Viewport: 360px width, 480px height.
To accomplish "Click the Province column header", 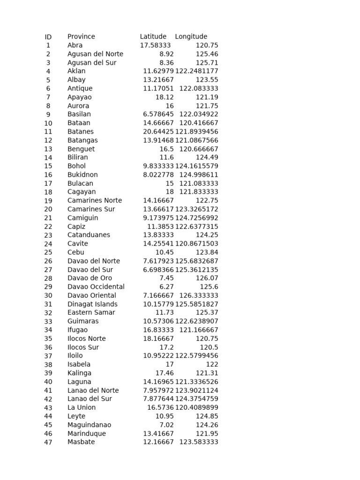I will coord(81,37).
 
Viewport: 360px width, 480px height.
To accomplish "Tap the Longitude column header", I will coord(191,37).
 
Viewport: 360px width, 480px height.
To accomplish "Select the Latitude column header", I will coord(153,37).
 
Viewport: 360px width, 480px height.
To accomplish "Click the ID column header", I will coord(48,37).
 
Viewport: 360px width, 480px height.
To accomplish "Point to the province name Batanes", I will coord(80,132).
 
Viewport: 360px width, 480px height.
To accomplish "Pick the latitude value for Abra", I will coord(155,45).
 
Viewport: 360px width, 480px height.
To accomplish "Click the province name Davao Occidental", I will coord(96,287).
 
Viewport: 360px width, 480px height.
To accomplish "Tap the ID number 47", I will coord(48,442).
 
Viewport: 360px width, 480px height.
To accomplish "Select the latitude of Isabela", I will coord(169,364).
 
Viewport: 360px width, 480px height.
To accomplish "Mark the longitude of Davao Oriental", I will coord(199,295).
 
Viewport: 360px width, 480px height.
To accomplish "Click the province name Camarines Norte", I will coord(94,201).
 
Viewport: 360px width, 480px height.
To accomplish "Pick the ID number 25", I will coord(48,253).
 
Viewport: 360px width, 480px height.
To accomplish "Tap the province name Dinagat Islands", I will coord(92,304).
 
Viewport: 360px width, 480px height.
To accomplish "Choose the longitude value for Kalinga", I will coord(209,373).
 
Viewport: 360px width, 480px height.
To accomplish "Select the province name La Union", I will coord(81,408).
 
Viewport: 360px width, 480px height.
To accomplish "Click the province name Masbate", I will coord(81,442).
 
